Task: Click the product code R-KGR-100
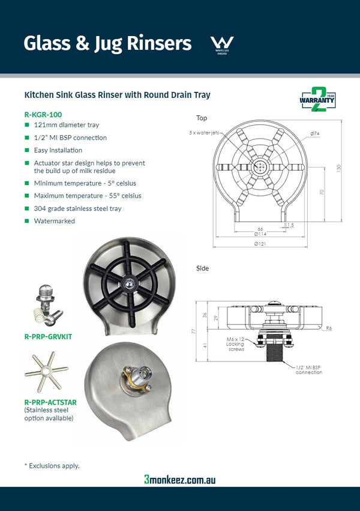43,114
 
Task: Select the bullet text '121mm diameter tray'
66,125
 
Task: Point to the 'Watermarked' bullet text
55,221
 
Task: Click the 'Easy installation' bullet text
58,150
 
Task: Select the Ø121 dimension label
260,244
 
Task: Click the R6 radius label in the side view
329,328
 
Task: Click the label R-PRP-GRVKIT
48,337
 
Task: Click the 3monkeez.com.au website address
179,479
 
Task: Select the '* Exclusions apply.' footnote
52,465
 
